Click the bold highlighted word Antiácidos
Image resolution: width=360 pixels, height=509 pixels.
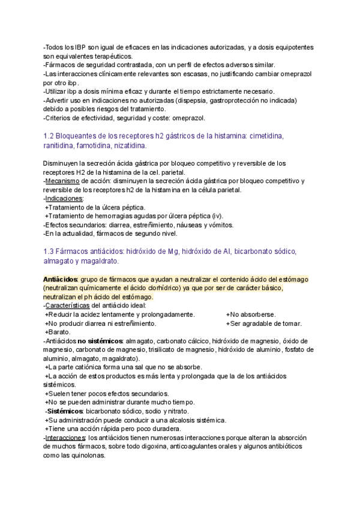[x=61, y=280]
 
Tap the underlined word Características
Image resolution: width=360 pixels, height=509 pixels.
[x=71, y=306]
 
